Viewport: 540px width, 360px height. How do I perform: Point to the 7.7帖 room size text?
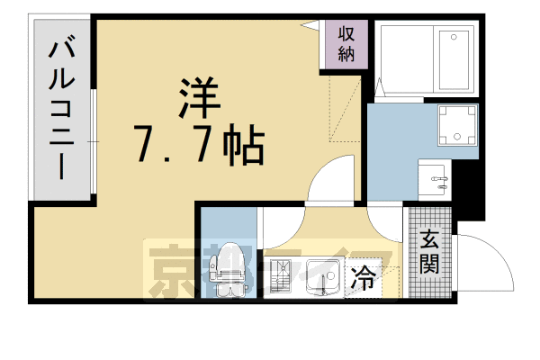coord(198,143)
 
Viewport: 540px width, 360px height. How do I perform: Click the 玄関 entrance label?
coord(429,253)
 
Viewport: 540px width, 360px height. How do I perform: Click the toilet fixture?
coord(229,268)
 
